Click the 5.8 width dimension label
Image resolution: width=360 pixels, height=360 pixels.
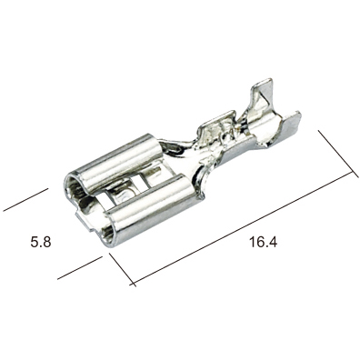click(x=41, y=243)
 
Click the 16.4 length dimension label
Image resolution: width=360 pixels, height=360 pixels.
click(x=263, y=242)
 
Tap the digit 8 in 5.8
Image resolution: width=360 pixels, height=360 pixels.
click(x=46, y=243)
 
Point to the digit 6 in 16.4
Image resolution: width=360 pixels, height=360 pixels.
click(x=260, y=242)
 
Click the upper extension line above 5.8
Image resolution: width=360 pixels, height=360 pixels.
click(x=25, y=200)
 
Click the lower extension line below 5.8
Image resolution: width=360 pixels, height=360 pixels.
click(x=80, y=268)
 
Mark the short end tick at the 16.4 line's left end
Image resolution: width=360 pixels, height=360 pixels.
click(x=122, y=269)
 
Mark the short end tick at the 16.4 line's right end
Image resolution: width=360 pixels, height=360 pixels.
click(x=335, y=152)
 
